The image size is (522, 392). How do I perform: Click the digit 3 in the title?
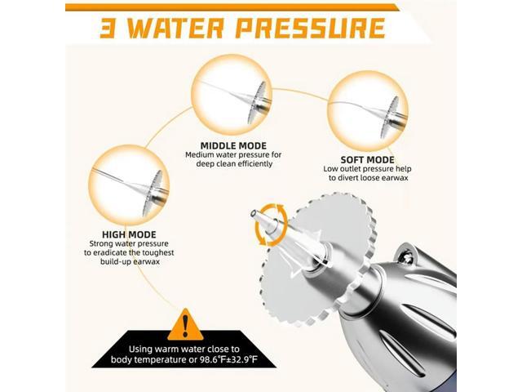pos(111,29)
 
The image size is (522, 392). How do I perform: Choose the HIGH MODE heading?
pos(122,233)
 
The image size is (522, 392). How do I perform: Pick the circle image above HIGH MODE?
pos(129,180)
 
